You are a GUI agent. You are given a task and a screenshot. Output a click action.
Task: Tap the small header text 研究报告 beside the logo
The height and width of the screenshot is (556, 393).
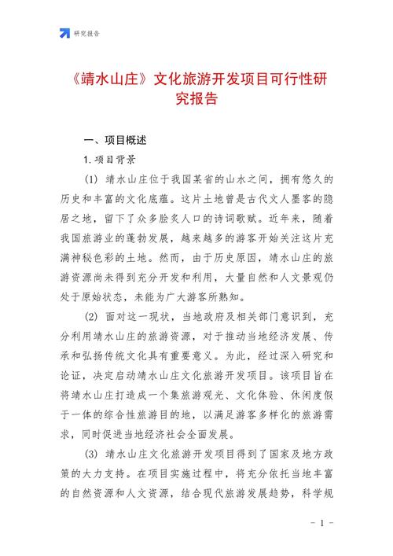[86, 33]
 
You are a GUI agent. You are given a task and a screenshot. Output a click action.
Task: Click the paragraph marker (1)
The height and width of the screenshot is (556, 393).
[92, 179]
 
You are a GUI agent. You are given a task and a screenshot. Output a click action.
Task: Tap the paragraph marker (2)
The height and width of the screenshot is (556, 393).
[92, 317]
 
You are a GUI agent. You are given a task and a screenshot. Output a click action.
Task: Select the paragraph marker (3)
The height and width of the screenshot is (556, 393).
[92, 455]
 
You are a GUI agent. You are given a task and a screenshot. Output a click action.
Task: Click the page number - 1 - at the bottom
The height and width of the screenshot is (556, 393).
[323, 523]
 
